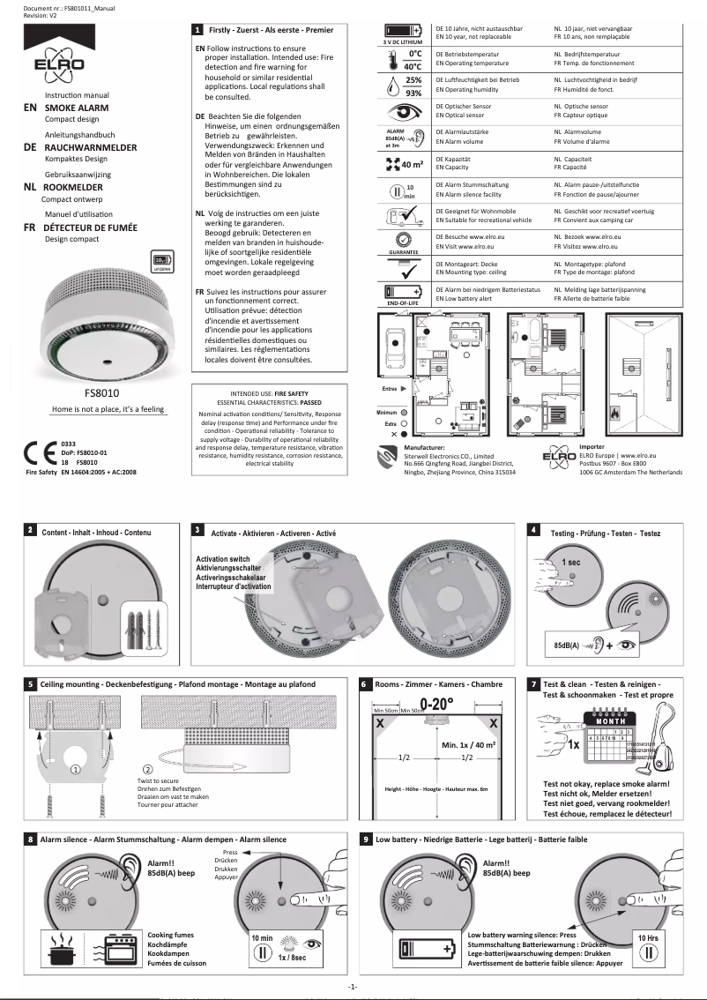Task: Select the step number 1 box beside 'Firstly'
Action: point(197,30)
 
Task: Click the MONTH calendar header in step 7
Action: point(610,720)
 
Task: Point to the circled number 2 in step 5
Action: point(123,768)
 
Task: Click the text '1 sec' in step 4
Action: point(572,562)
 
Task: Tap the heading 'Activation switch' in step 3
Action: point(222,559)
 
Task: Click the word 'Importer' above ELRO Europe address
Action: point(592,447)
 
